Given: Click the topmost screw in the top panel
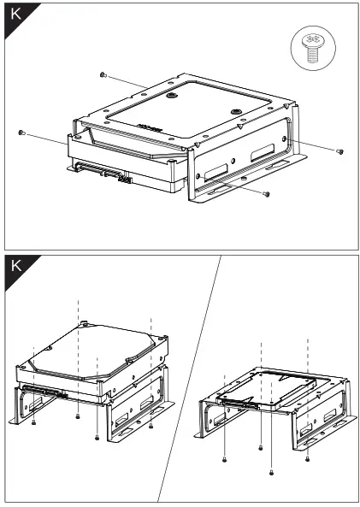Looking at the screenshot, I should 102,75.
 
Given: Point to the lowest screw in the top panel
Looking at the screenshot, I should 267,194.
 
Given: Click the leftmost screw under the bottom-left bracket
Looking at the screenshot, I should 32,422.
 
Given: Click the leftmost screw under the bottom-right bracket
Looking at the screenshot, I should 224,460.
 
